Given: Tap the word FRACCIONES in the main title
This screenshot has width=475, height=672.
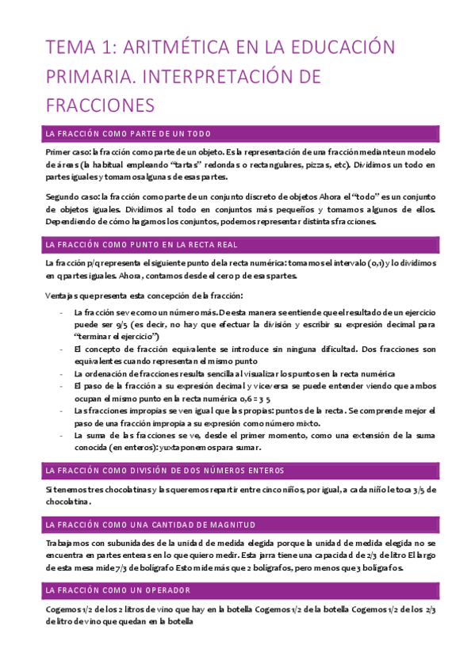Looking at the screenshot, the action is coord(99,105).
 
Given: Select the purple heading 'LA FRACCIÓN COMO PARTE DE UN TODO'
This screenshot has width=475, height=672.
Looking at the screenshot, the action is coord(128,133).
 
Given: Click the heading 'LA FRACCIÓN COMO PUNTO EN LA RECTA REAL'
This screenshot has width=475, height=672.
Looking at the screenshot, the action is coord(142,244).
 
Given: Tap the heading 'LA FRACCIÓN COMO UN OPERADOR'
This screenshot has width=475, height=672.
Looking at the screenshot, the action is coord(118,590).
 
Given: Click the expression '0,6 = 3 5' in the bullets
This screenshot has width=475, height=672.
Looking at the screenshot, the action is coord(265,398).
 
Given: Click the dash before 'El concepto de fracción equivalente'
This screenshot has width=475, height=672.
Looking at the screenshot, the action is coord(62,349).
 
